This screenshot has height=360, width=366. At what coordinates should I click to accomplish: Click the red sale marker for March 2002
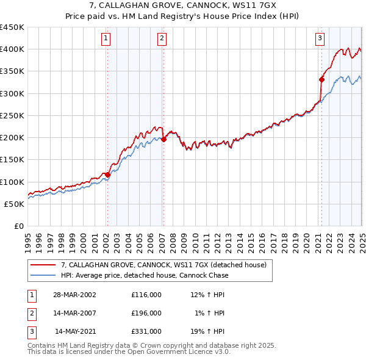(x=107, y=175)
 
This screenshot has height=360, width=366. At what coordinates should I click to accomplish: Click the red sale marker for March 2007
(x=163, y=139)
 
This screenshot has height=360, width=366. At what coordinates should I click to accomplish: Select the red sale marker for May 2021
(x=321, y=79)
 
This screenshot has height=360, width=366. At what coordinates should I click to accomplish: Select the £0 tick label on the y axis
(x=19, y=226)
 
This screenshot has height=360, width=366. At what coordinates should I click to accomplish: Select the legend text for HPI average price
(x=145, y=275)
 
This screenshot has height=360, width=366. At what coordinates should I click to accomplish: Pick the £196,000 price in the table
(x=146, y=313)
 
